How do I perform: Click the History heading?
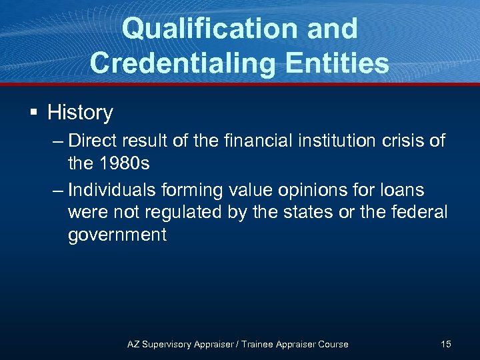[80, 113]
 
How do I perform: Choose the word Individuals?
[114, 190]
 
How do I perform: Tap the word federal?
[422, 213]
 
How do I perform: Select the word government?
[117, 235]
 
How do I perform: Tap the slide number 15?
[445, 344]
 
